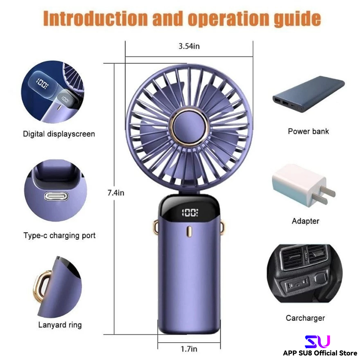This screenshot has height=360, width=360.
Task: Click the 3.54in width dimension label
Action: pos(189,46)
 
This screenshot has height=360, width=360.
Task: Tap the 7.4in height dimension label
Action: pos(116,193)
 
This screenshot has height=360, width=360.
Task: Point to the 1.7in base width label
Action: pos(189,349)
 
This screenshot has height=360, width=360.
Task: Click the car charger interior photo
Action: pos(305,275)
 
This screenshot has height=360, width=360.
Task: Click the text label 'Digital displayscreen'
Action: pos(59,134)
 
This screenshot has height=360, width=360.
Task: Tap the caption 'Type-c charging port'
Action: pos(60,236)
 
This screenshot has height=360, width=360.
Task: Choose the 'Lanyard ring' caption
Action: pos(60,325)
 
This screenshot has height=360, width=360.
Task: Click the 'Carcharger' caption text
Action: pos(305,318)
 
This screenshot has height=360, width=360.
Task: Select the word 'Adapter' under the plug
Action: pos(305,221)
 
